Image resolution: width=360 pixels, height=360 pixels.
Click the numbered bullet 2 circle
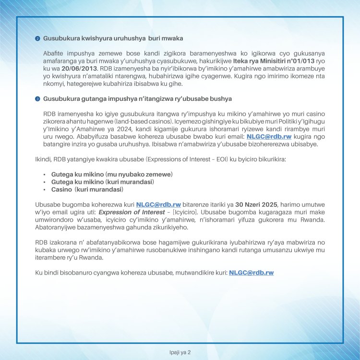pyautogui.click(x=37, y=38)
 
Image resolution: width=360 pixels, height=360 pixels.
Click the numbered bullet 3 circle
pyautogui.click(x=37, y=99)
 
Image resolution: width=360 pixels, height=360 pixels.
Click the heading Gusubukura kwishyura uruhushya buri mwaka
pyautogui.click(x=113, y=38)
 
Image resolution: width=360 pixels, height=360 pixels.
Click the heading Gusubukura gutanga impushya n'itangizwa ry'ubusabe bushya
pyautogui.click(x=137, y=98)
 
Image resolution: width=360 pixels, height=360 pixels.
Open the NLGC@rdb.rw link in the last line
pyautogui.click(x=251, y=272)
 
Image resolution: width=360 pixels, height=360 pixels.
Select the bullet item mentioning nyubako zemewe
pyautogui.click(x=111, y=173)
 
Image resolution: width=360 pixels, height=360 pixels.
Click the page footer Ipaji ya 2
pyautogui.click(x=180, y=352)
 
